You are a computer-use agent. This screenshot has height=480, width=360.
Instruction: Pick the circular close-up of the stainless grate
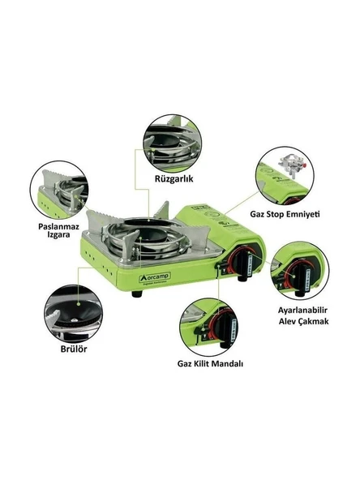click(x=61, y=189)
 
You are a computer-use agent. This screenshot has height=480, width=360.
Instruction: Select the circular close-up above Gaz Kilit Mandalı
click(x=209, y=324)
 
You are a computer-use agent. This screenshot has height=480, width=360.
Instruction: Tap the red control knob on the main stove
click(x=241, y=264)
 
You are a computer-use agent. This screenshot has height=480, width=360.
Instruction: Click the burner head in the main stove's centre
click(x=155, y=234)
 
